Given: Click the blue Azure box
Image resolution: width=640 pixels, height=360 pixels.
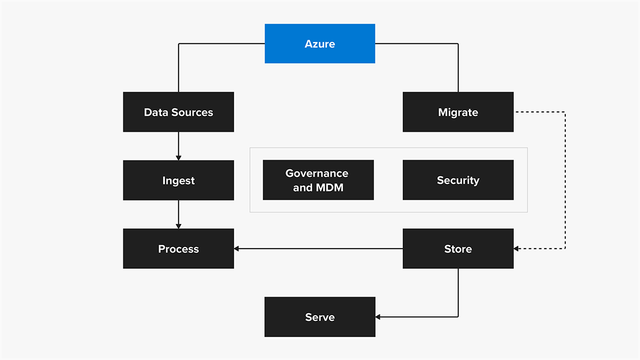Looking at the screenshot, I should tap(319, 44).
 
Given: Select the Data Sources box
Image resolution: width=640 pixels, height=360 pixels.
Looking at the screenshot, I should tap(178, 112).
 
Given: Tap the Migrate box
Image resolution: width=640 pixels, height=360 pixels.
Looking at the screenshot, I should tap(458, 112).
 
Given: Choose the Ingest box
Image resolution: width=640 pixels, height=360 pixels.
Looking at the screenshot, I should tap(178, 180).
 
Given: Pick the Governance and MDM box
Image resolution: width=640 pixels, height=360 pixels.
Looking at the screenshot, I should tap(318, 180).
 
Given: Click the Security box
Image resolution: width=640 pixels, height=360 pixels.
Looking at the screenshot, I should tap(458, 180).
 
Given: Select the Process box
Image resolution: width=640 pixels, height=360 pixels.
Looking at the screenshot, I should tap(178, 249).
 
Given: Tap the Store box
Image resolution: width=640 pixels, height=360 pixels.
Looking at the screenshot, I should tap(458, 249).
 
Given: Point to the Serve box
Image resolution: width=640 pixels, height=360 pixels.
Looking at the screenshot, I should tap(319, 317).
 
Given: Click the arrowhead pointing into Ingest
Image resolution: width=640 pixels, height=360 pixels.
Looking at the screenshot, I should tap(178, 157).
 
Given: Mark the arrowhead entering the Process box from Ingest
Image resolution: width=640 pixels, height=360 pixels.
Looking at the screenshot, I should tap(178, 226).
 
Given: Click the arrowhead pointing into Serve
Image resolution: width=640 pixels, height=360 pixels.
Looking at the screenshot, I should tap(379, 317).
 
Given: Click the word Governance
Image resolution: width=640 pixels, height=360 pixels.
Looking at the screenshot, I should tap(317, 173).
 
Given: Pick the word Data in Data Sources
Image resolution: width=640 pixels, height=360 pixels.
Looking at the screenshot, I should tap(155, 112).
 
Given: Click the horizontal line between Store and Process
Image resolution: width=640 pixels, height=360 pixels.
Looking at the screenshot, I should tap(320, 249).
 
